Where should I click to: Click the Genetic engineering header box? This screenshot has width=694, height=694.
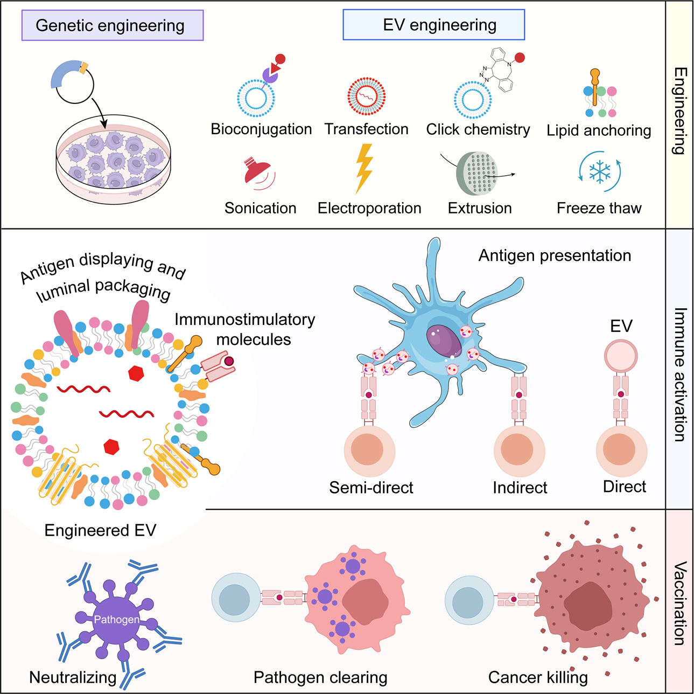[x=112, y=25]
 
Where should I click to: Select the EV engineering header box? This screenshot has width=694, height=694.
[x=433, y=25]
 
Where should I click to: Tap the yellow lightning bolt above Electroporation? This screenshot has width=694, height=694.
[x=364, y=168]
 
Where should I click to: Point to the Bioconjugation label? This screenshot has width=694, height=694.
[x=261, y=129]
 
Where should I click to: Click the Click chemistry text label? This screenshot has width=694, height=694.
[x=478, y=129]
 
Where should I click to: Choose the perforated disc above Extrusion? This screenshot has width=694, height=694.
[x=476, y=174]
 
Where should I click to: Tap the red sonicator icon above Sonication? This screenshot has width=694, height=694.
[x=257, y=172]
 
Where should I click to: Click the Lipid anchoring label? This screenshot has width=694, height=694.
[x=599, y=130]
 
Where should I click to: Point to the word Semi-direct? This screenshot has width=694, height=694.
[x=371, y=488]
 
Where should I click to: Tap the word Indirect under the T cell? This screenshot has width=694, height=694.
[x=520, y=488]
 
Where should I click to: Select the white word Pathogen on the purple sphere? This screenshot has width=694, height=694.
[x=116, y=620]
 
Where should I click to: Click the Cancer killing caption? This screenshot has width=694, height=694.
[x=537, y=677]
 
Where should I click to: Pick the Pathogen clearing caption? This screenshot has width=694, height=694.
[x=320, y=677]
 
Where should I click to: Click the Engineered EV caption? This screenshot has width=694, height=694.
[x=100, y=530]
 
